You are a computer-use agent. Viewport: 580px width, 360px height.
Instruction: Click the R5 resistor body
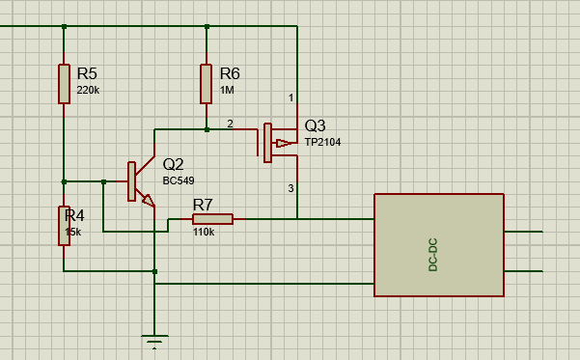(64, 84)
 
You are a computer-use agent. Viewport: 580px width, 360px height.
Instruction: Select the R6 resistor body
(206, 84)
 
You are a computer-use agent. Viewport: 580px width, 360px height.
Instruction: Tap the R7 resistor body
(212, 219)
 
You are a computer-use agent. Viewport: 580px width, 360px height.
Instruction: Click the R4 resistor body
(64, 226)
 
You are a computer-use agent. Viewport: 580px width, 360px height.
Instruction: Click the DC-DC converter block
(439, 245)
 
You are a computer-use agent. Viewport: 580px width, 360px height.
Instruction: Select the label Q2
(173, 164)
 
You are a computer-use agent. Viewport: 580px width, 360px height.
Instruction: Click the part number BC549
(179, 180)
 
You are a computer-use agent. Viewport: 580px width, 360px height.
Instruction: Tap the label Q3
(316, 125)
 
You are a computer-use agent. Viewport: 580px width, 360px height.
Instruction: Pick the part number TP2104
(322, 142)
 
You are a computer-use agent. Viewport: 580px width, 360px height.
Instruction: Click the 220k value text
(88, 90)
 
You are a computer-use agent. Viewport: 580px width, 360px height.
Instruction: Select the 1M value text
(227, 90)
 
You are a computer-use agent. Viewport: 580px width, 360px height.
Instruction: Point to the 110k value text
(204, 232)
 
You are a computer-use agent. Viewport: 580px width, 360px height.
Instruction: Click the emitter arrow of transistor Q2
(149, 201)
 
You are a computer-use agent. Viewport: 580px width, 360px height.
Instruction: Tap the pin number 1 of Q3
(291, 97)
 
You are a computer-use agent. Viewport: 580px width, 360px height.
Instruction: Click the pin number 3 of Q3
(291, 188)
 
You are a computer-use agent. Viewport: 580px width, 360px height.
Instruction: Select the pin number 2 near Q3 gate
(230, 124)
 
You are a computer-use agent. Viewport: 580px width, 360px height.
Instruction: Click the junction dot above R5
(64, 26)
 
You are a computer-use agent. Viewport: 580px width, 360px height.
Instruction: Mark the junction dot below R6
(207, 129)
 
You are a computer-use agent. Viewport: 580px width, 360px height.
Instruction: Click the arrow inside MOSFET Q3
(283, 143)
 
